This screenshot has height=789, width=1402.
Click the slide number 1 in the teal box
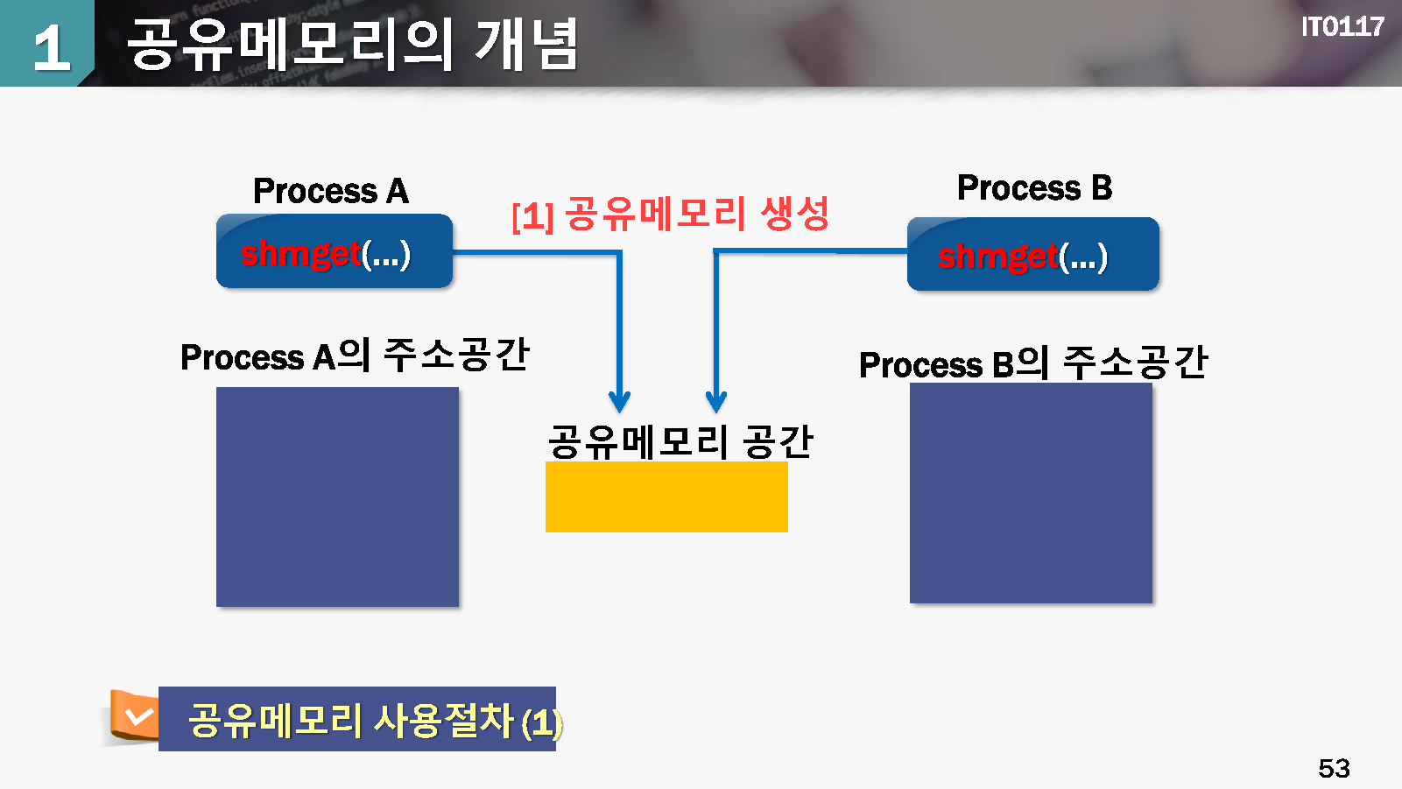tap(51, 47)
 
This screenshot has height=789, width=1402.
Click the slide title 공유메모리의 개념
tap(352, 44)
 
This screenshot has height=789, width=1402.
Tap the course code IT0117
tap(1342, 27)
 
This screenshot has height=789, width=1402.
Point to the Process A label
tap(331, 191)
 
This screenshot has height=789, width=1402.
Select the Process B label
tap(1034, 187)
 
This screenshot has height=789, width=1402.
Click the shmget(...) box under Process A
tap(334, 252)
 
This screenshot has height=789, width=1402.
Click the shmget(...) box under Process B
tap(1032, 255)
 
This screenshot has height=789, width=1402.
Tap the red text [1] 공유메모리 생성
tap(670, 214)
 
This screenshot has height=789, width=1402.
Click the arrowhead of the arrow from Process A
tap(620, 402)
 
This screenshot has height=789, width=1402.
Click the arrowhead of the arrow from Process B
tap(716, 402)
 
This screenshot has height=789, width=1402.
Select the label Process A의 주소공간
tap(355, 356)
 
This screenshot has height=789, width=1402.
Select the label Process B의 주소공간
tap(1033, 363)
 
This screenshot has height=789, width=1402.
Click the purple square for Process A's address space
tap(337, 497)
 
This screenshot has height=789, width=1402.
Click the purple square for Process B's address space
tap(1031, 493)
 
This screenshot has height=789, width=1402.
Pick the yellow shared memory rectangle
tap(666, 497)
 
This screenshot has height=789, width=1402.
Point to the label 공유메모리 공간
tap(680, 441)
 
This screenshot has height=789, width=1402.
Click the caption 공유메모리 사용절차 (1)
tap(375, 721)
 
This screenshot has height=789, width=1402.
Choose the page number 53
tap(1334, 768)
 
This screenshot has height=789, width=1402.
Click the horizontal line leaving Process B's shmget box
tap(810, 251)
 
